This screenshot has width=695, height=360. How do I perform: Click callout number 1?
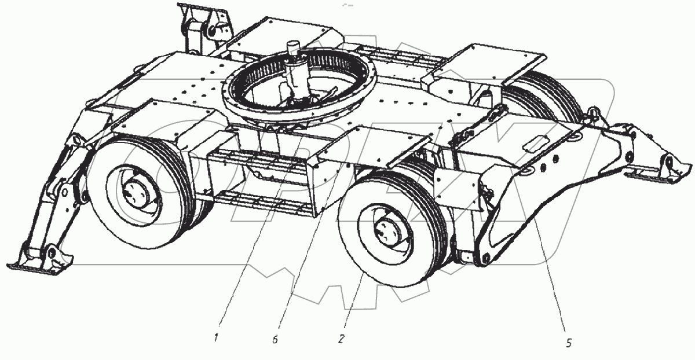[x=216, y=337]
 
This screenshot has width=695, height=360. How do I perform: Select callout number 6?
[x=275, y=340]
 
